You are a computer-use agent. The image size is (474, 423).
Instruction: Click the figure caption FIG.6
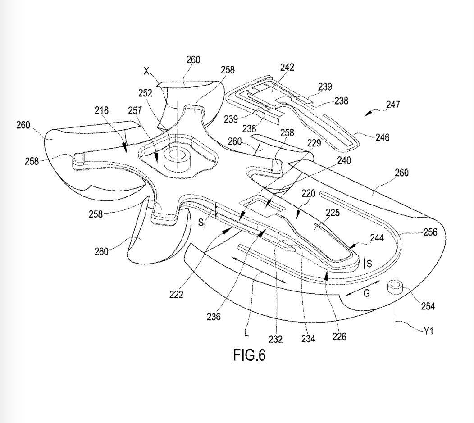pyautogui.click(x=250, y=355)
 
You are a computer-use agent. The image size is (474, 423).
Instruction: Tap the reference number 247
pyautogui.click(x=393, y=105)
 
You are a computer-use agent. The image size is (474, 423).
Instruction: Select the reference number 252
pyautogui.click(x=145, y=93)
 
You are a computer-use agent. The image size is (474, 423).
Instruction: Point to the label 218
pyautogui.click(x=101, y=110)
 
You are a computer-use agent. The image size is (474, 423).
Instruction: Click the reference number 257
pyautogui.click(x=135, y=110)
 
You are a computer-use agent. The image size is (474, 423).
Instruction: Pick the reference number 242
pyautogui.click(x=287, y=67)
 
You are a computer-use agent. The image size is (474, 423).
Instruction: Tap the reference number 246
pyautogui.click(x=383, y=137)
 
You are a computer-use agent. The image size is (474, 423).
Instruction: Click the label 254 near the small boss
pyautogui.click(x=428, y=306)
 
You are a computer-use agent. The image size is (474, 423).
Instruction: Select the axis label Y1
pyautogui.click(x=428, y=331)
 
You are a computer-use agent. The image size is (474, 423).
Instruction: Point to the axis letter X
pyautogui.click(x=146, y=71)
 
